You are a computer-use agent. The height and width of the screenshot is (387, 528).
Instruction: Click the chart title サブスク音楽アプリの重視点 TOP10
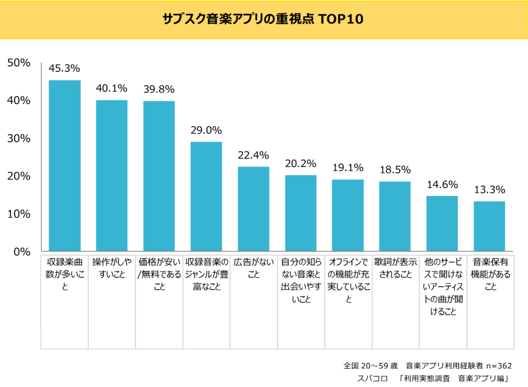tap(263, 18)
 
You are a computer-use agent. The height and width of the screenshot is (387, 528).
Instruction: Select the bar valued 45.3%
tap(65, 166)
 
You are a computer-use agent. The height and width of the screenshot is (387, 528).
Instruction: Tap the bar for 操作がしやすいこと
tap(112, 175)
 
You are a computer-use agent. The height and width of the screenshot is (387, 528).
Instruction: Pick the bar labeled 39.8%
tap(159, 176)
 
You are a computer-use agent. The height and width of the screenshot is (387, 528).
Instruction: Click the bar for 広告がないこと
tap(253, 209)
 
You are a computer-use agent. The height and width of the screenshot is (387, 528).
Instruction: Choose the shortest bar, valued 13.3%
tap(489, 226)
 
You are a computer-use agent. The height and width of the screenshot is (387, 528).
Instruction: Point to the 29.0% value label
tap(206, 130)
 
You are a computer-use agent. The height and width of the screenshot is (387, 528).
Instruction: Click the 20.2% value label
tap(301, 163)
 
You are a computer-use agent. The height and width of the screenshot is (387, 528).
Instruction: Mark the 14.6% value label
tap(442, 184)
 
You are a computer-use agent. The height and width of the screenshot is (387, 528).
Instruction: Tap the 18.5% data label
tap(395, 170)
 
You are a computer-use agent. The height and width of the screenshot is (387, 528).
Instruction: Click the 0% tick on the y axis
tap(22, 252)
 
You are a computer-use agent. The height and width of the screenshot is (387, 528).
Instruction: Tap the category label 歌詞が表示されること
tap(395, 268)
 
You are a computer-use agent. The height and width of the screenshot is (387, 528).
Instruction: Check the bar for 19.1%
tap(348, 215)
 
